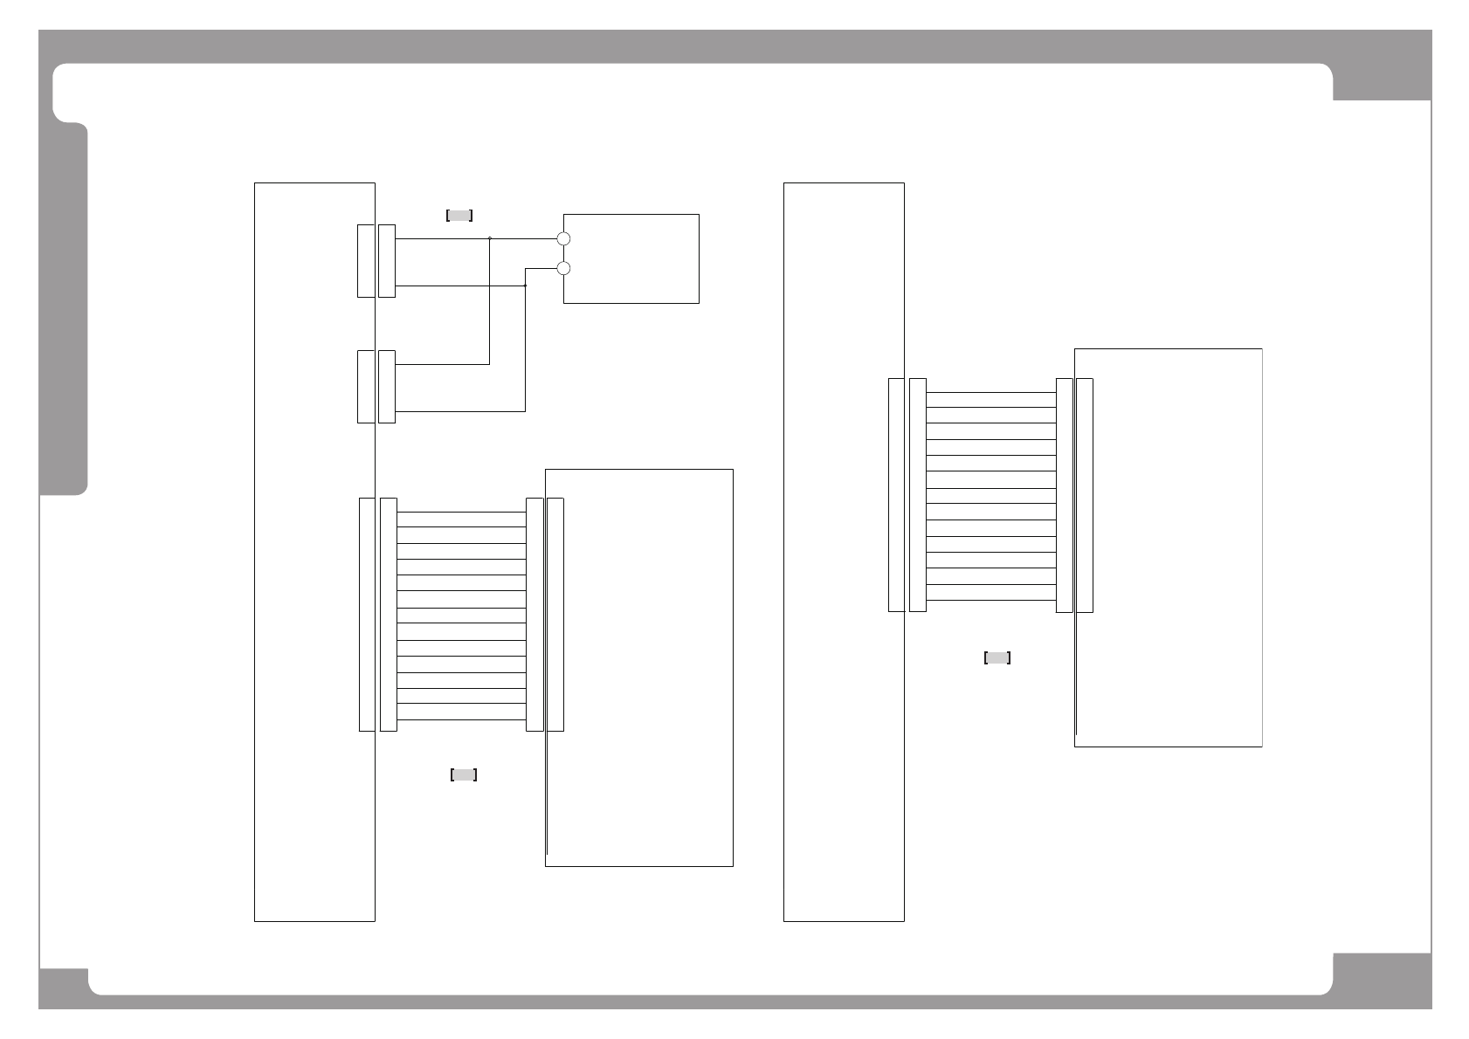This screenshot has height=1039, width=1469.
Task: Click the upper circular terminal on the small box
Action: tap(563, 238)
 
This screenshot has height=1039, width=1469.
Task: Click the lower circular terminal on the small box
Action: tap(563, 268)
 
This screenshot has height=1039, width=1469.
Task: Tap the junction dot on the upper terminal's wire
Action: tap(489, 237)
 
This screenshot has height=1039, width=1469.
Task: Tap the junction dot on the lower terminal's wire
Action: tap(525, 286)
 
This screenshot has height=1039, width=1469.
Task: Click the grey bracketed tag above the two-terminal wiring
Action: tap(459, 216)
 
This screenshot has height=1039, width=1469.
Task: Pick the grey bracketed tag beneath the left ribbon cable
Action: tap(464, 774)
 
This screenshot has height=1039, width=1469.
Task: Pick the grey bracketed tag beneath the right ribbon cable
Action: tap(997, 658)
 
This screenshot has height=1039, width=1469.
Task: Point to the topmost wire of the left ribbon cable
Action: tap(461, 513)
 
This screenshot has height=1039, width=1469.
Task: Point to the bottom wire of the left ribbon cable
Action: tap(461, 719)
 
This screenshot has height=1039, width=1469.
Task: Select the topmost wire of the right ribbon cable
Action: tap(990, 393)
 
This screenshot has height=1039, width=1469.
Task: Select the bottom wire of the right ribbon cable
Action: tap(990, 600)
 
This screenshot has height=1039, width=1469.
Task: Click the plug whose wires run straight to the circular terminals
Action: tap(387, 261)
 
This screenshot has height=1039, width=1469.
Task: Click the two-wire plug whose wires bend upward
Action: tap(387, 387)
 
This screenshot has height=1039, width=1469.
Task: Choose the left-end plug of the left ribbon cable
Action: tap(389, 615)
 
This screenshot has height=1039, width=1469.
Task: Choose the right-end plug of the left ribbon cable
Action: tap(534, 615)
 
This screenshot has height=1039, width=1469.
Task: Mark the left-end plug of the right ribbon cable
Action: tap(917, 495)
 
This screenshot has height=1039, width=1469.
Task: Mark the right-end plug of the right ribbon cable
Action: tap(1064, 495)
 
